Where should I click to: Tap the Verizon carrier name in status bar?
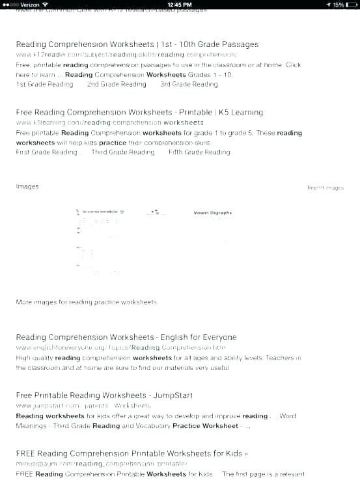click(x=30, y=5)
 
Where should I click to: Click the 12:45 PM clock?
click(x=180, y=5)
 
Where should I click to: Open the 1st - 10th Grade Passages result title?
click(x=137, y=44)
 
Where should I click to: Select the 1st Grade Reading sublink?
click(x=44, y=84)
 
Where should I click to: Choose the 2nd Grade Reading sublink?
click(x=117, y=84)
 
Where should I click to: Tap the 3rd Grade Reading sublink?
click(x=189, y=84)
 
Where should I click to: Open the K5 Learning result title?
click(x=139, y=112)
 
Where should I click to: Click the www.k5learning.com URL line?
click(x=109, y=122)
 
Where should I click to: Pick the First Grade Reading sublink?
click(x=46, y=152)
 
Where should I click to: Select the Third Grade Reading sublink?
click(x=123, y=152)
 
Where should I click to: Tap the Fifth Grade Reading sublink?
click(x=199, y=152)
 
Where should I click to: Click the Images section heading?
click(x=27, y=186)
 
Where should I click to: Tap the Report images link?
click(x=325, y=188)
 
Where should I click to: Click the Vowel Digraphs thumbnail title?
click(x=213, y=212)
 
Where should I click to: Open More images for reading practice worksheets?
click(x=86, y=302)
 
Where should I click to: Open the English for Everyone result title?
click(x=126, y=337)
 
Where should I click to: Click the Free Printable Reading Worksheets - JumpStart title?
click(x=104, y=395)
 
